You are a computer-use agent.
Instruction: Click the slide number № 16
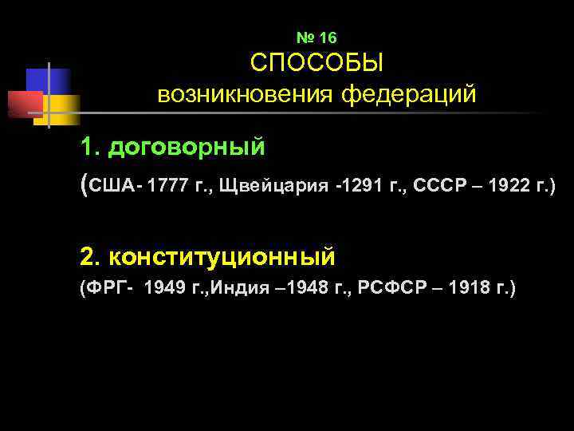316,38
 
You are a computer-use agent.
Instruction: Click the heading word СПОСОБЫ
316,64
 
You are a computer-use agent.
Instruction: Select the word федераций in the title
409,95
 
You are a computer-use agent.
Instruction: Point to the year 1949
163,288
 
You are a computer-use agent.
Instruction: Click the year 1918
468,288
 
